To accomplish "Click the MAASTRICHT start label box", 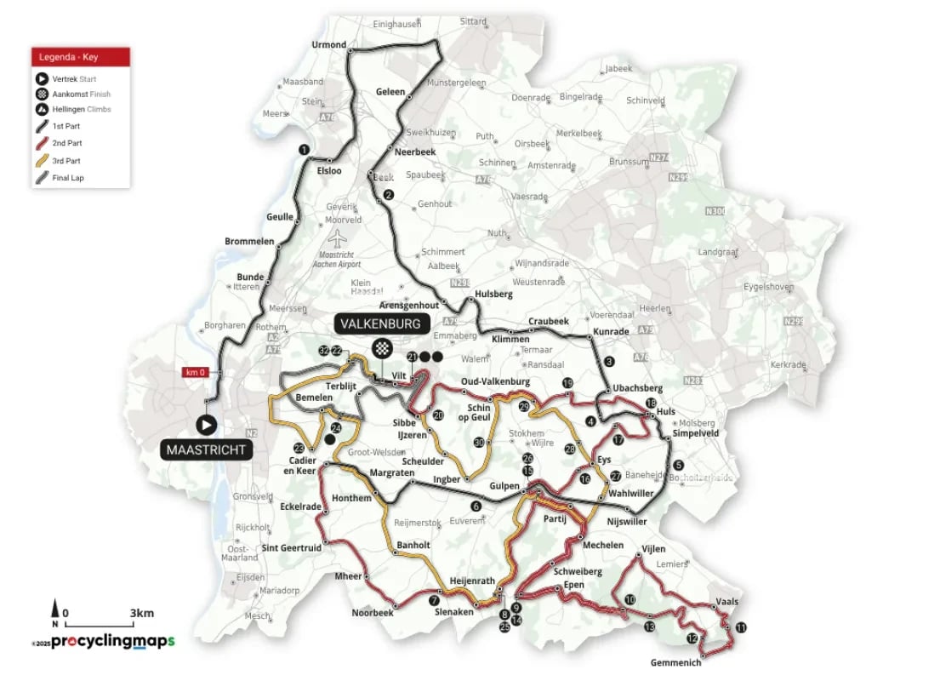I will [206, 449].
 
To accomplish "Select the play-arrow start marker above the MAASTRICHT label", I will [206, 424].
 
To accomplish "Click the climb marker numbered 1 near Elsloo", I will [303, 150].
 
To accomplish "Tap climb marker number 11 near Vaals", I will [741, 627].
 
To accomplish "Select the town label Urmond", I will [329, 44].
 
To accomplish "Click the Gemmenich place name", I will [675, 662].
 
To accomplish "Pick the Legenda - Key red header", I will [82, 58].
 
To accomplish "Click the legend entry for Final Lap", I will [68, 178].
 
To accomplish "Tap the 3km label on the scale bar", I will [142, 613].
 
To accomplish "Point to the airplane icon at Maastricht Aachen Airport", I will [339, 235].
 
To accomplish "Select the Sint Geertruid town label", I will [292, 548].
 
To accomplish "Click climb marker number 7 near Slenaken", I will [434, 600].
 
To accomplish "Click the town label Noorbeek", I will [373, 613].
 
